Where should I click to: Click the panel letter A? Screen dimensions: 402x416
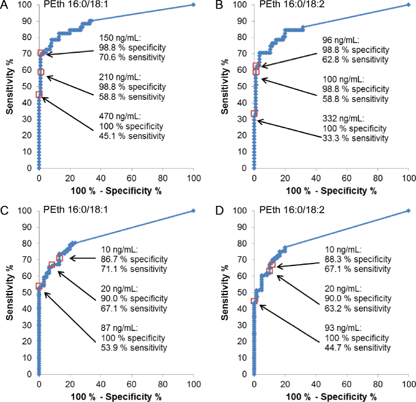coord(4,5)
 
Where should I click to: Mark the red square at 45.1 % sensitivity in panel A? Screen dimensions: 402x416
coord(39,94)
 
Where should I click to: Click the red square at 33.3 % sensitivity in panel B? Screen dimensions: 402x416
coord(254,114)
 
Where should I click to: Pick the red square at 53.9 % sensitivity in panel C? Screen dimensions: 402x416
coord(39,286)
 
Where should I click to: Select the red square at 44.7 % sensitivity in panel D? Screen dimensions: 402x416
coord(254,301)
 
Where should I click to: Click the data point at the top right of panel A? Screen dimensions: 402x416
coord(193,4)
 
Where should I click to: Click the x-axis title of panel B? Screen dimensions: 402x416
coord(331,191)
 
